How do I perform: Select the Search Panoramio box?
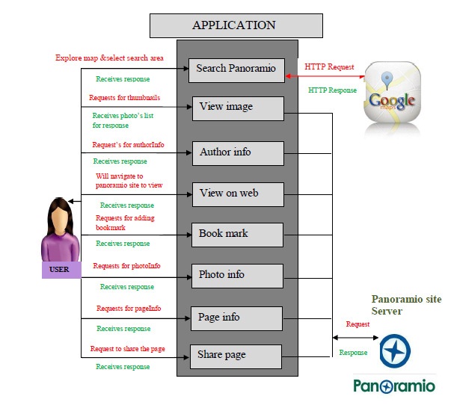click(x=236, y=69)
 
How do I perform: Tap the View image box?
click(x=238, y=108)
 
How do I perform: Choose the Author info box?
click(x=238, y=152)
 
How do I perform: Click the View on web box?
click(x=238, y=194)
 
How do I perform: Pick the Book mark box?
click(x=236, y=234)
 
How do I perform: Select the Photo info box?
click(x=236, y=275)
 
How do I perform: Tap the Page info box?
click(x=236, y=318)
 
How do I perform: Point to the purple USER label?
click(x=59, y=269)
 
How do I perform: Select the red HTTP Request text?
click(x=329, y=67)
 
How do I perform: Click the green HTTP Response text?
click(x=332, y=90)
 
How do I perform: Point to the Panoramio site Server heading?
click(x=406, y=305)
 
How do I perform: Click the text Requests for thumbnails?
click(x=124, y=97)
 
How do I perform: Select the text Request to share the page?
click(x=127, y=349)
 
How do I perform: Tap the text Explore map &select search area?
click(x=109, y=58)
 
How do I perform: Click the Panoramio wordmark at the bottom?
click(x=394, y=386)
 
